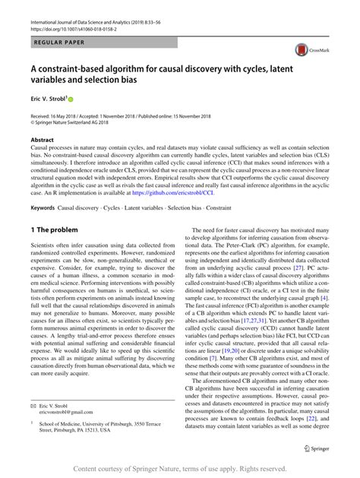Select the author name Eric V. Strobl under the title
click(46, 99)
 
